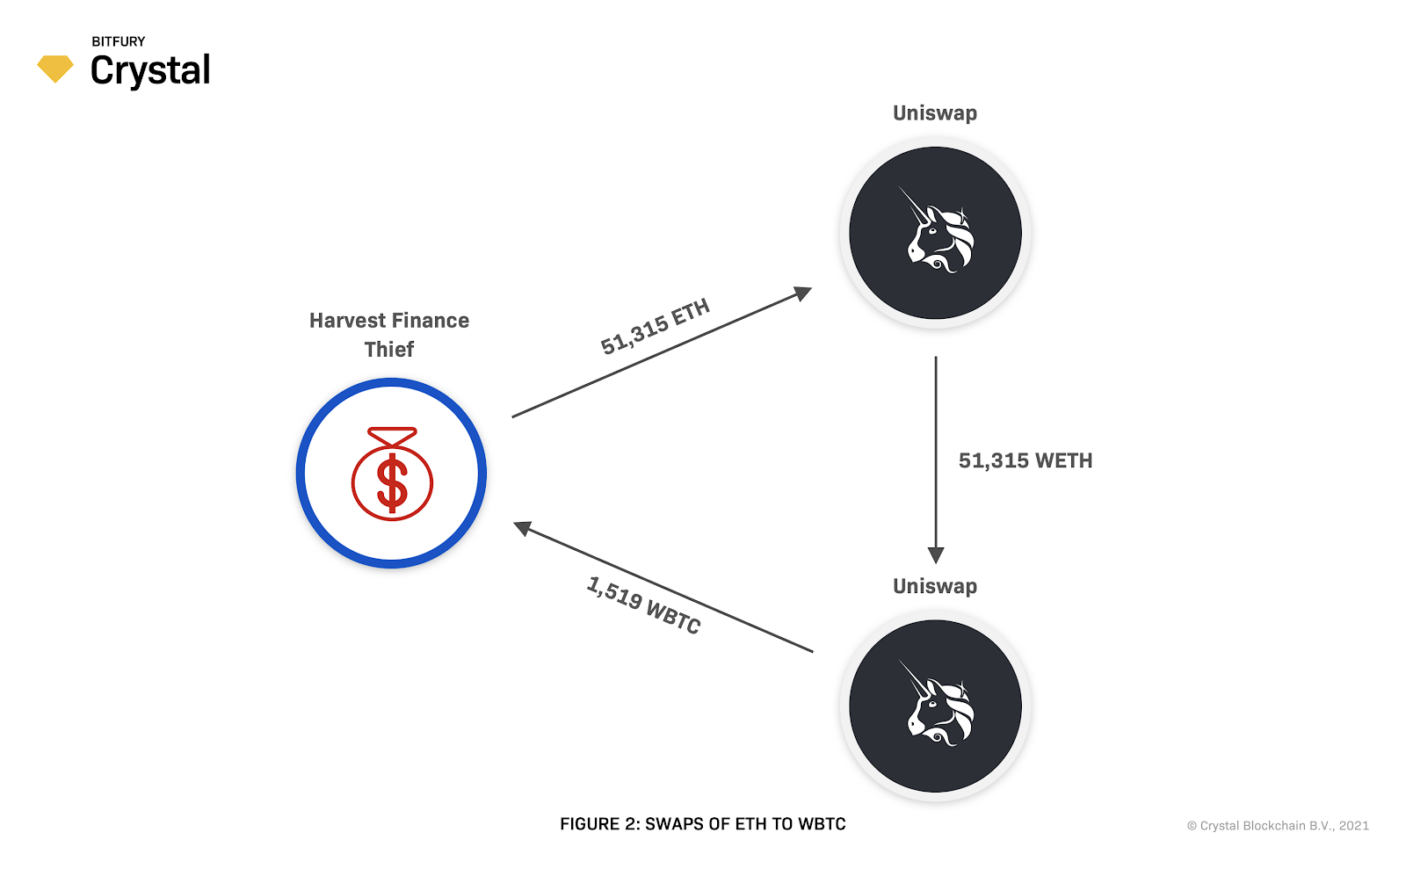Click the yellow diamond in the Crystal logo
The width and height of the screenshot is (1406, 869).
coord(55,69)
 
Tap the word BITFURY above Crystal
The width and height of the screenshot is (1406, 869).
coord(119,41)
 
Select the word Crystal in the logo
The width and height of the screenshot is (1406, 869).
coord(150,71)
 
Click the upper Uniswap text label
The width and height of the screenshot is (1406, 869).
coord(935,113)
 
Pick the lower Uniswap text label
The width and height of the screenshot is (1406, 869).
coord(935,586)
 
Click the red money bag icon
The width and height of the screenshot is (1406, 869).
coord(392,474)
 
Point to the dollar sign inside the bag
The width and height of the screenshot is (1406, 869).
coord(392,483)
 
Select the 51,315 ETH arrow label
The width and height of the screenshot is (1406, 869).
coord(655,327)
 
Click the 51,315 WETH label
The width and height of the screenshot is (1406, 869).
coord(1026,461)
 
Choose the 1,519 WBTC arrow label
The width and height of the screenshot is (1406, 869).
coord(643,605)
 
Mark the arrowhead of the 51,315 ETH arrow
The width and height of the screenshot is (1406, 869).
coord(803,293)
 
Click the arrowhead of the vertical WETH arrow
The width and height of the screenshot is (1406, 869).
coord(936,555)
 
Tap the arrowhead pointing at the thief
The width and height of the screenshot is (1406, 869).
coord(523,528)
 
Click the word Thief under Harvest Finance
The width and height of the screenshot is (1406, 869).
coord(389,350)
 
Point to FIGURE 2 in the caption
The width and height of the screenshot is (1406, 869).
coord(600,824)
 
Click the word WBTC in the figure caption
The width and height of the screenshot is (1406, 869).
coord(822,824)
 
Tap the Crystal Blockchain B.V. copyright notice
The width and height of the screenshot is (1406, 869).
coord(1278,826)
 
